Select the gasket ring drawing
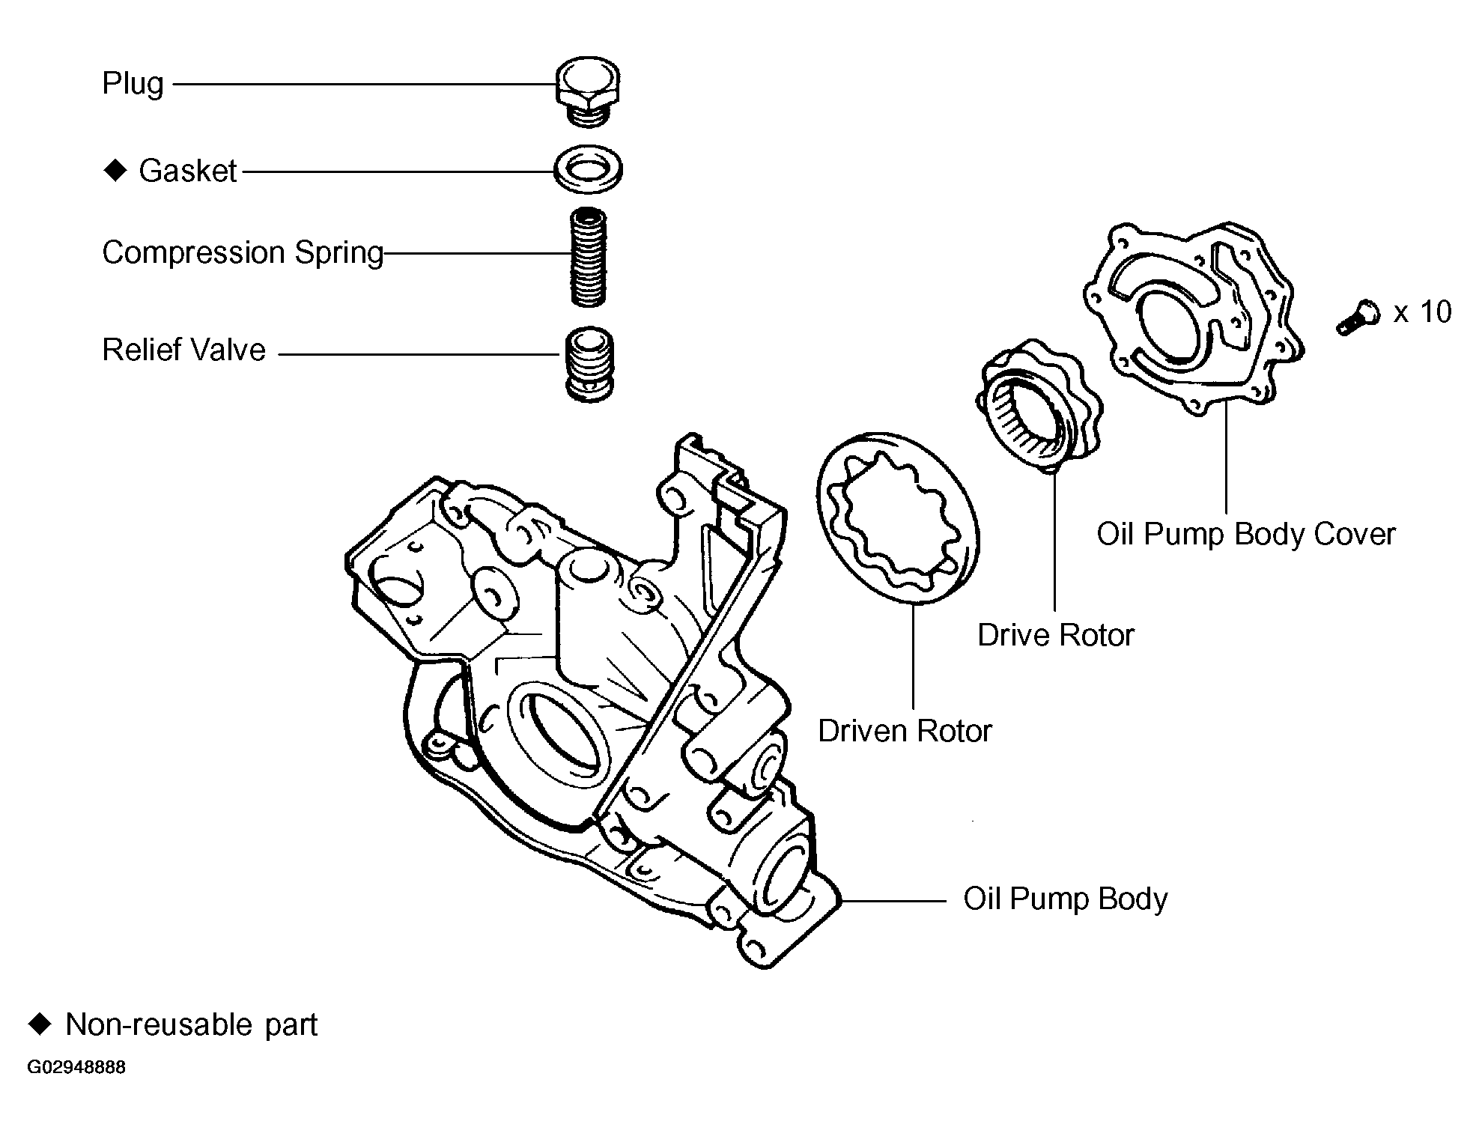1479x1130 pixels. pos(588,170)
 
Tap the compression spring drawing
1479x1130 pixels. pos(588,257)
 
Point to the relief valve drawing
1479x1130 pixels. pos(589,365)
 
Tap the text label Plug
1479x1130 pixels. pos(133,83)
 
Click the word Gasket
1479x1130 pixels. pos(188,171)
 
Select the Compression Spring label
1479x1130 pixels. pos(243,253)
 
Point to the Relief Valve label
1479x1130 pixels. pos(184,350)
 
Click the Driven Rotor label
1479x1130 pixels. pos(904,731)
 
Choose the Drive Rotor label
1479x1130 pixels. pos(1055,635)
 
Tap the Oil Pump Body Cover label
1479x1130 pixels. pos(1245,534)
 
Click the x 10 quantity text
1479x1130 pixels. pos(1422,312)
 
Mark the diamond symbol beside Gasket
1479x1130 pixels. pos(115,171)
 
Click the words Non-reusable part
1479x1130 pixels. pos(192,1024)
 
